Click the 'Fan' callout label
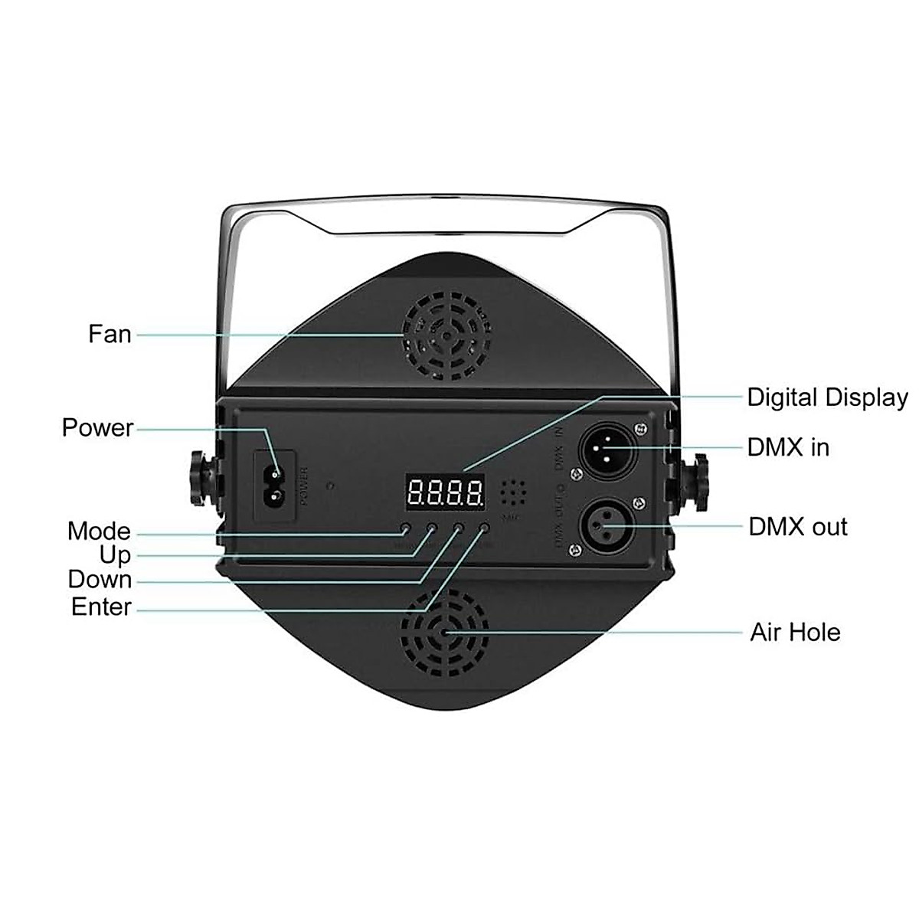110,334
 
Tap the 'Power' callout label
97,427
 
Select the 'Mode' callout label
99,531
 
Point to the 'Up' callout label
115,555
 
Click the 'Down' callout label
100,580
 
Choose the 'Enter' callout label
101,607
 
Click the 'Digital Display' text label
827,397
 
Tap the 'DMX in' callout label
788,447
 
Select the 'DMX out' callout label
798,527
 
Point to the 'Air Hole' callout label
795,633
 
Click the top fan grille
447,335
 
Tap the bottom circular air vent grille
445,633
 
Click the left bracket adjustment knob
201,480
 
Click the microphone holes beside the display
512,493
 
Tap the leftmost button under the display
405,528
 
